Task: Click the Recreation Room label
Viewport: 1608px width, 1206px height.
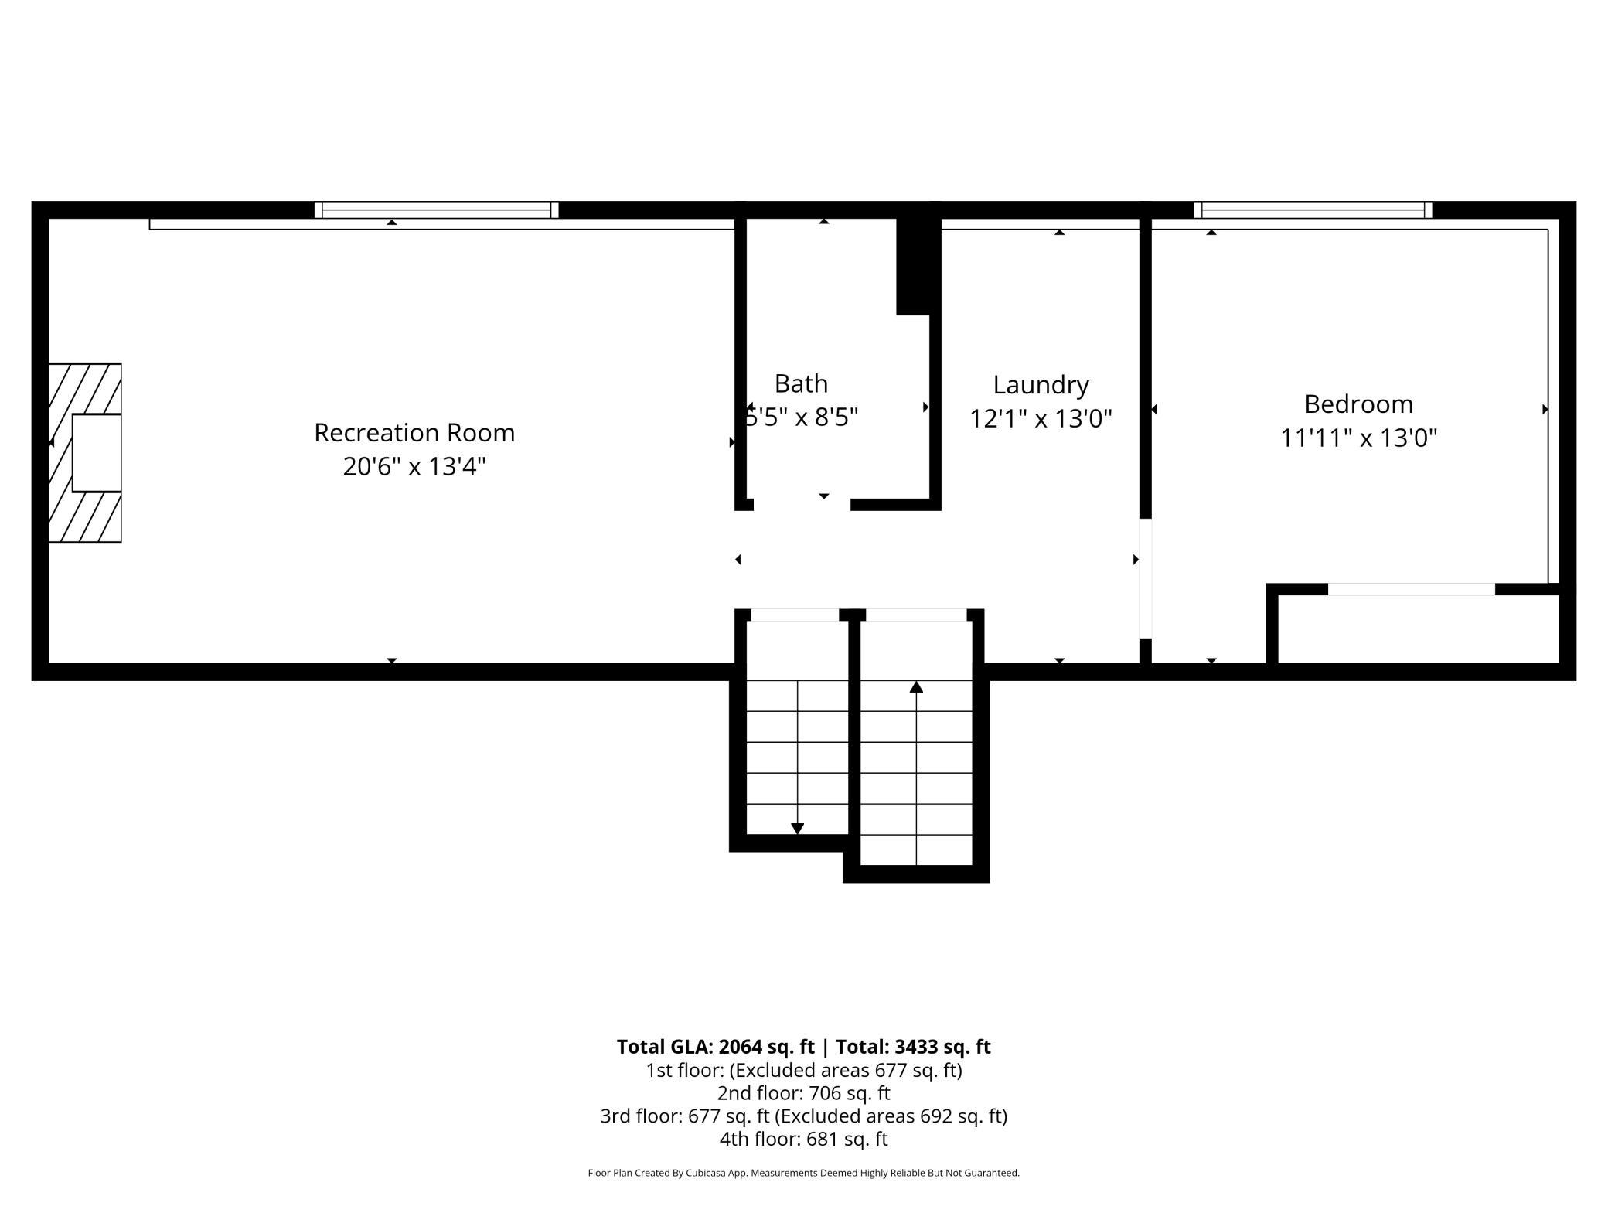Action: [x=414, y=432]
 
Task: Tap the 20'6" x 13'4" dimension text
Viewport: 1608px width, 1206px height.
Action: [x=414, y=466]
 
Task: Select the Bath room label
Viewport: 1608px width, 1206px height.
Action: [x=801, y=383]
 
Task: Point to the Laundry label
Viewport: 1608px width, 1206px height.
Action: [x=1041, y=385]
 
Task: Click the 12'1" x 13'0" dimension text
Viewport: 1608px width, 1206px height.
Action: [x=1041, y=418]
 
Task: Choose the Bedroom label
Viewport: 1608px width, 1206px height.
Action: [x=1358, y=404]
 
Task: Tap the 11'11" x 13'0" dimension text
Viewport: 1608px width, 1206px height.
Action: [x=1358, y=438]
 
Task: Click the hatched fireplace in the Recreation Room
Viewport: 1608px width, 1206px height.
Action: [x=85, y=453]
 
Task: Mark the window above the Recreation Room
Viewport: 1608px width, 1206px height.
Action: [x=436, y=210]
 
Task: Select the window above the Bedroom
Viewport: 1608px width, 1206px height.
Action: [x=1313, y=210]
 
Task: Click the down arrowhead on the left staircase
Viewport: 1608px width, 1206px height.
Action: [x=798, y=829]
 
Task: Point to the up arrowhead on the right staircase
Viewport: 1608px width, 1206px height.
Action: [x=916, y=686]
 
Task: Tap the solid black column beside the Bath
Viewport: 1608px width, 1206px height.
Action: [x=915, y=266]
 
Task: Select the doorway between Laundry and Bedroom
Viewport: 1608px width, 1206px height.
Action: [x=1146, y=578]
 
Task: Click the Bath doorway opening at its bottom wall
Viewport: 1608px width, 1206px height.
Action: [x=802, y=505]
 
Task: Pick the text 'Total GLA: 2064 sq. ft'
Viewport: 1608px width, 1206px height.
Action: [x=715, y=1047]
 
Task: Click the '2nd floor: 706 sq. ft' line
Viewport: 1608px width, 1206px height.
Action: [x=804, y=1093]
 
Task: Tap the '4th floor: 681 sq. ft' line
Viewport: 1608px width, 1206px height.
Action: [x=804, y=1139]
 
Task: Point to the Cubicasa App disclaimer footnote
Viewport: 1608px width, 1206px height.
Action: [x=804, y=1173]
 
